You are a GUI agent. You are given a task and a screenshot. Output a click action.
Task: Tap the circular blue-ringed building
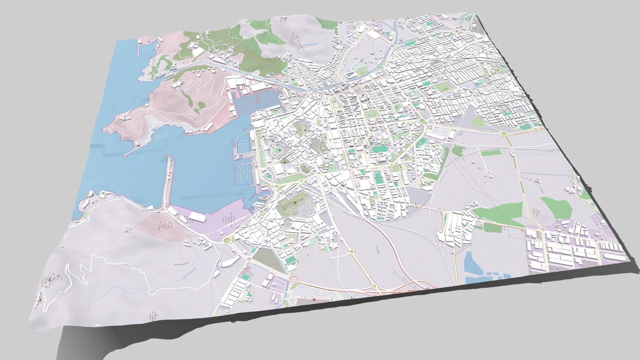coord(310,182)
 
